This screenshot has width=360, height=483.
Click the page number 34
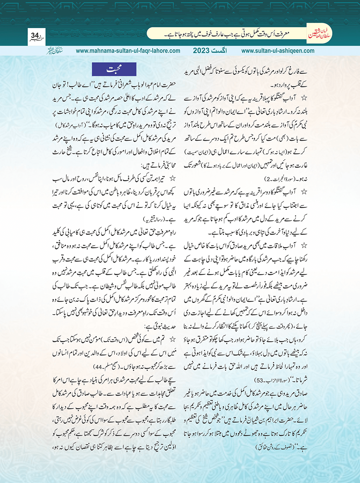pyautogui.click(x=35, y=36)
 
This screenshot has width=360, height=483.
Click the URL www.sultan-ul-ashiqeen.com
pyautogui.click(x=278, y=51)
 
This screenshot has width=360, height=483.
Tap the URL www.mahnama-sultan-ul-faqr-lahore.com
pyautogui.click(x=128, y=51)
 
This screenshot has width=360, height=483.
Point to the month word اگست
pyautogui.click(x=219, y=51)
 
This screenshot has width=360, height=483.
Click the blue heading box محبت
pyautogui.click(x=114, y=70)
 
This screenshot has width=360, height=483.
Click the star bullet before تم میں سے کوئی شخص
pyautogui.click(x=172, y=340)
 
